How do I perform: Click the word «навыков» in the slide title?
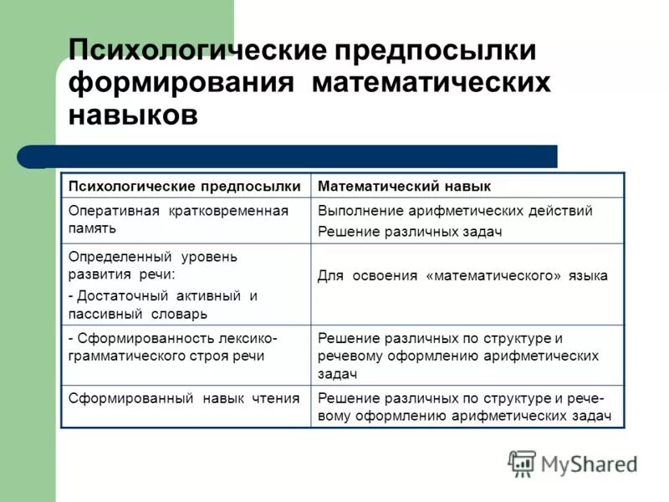[133, 115]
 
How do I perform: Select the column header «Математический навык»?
[404, 186]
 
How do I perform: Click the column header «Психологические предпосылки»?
[183, 186]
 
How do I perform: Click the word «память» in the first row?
[92, 227]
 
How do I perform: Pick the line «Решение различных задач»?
[409, 232]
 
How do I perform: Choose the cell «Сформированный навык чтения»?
[183, 397]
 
